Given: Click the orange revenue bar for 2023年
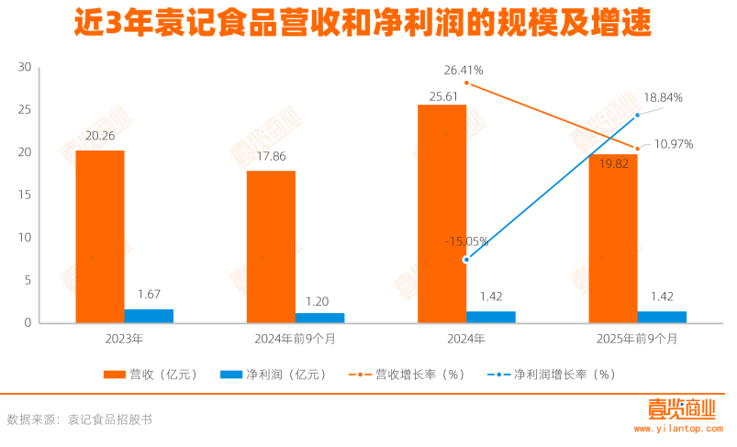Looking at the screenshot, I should (x=100, y=236).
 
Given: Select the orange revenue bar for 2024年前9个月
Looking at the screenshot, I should (x=271, y=246).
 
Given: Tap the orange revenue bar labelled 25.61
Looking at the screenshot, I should (x=441, y=213).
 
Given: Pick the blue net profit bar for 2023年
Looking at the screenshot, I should (x=149, y=316).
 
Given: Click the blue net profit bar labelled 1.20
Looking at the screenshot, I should (x=319, y=318).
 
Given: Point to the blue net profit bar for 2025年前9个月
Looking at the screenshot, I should (x=662, y=317).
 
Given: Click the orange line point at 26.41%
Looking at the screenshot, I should (x=466, y=83).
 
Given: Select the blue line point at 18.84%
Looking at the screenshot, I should (x=637, y=115).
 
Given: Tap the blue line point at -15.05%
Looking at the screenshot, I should (x=466, y=260).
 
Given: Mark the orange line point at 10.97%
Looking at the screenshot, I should (x=637, y=148).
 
